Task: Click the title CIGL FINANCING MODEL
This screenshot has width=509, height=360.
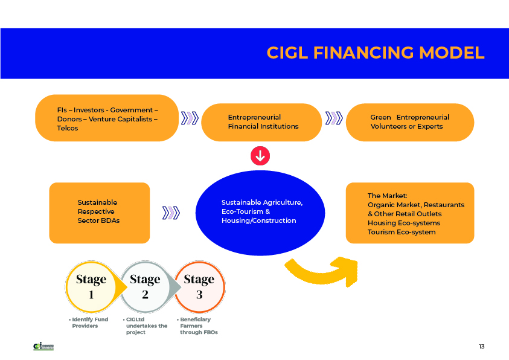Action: coord(375,53)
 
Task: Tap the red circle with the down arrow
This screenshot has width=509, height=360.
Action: coord(260,156)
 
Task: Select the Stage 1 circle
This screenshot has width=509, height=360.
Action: coord(91,286)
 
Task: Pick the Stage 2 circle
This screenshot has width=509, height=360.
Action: coord(145,286)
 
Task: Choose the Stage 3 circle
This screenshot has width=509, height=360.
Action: coord(199,286)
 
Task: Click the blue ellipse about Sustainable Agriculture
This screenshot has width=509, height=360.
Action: coord(261,212)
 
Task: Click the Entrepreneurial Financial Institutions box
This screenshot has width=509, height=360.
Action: coord(261,122)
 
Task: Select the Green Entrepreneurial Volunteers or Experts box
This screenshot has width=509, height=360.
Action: coord(409,122)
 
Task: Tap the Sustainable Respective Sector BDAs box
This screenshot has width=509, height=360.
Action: coord(99,213)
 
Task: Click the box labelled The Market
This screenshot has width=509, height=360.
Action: coord(409,213)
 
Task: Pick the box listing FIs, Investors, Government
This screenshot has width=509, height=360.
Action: coord(107,118)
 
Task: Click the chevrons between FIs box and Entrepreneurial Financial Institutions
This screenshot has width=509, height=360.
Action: coord(190,118)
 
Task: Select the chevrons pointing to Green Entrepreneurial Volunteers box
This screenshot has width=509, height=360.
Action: coord(333,118)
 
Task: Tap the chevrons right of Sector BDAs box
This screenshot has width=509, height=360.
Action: coord(171,213)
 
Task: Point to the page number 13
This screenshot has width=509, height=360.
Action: coord(481,347)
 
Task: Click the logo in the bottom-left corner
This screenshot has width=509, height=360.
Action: coord(43,347)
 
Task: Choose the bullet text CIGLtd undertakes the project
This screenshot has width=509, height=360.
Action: coord(144,326)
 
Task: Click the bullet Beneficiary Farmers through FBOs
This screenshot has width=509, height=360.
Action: coord(197,326)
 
